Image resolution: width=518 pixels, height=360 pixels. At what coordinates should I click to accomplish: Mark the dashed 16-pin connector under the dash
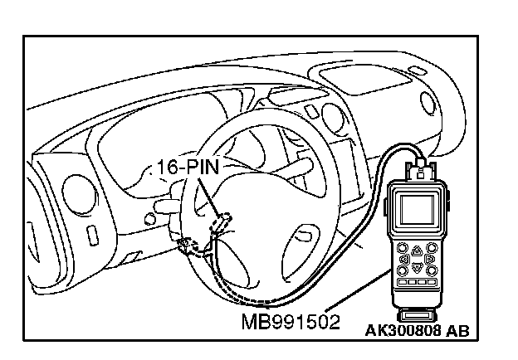(x=222, y=223)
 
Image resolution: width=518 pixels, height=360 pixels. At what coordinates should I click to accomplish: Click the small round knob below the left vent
(x=149, y=219)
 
